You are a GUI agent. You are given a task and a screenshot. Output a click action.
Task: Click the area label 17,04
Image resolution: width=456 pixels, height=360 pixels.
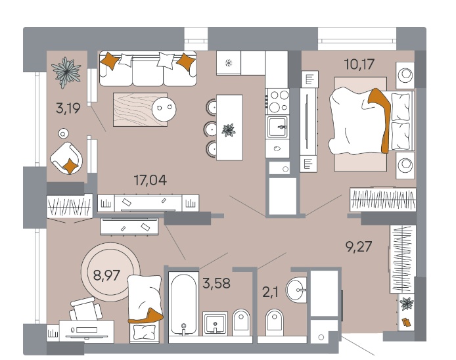point(150,180)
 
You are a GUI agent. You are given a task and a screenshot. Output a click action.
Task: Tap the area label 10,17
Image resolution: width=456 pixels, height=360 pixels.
point(359,64)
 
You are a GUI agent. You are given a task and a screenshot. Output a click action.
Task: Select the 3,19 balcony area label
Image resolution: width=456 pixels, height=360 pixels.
point(68,108)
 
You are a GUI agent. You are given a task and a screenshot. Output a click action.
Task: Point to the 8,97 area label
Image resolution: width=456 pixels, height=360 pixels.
point(106,275)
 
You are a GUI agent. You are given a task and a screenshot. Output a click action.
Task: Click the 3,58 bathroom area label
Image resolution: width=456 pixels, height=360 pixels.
point(216,283)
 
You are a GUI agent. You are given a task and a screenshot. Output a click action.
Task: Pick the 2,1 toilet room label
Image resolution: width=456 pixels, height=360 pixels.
point(270,292)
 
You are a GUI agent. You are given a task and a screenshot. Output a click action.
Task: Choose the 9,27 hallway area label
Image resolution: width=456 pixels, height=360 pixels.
point(358,246)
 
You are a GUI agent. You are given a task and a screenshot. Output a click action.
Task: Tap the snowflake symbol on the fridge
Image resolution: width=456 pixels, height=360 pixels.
point(229,63)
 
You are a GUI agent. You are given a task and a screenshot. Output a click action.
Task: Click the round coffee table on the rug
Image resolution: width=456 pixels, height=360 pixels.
point(164,109)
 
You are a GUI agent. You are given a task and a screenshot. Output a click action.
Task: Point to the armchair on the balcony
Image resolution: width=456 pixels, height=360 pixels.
point(66,158)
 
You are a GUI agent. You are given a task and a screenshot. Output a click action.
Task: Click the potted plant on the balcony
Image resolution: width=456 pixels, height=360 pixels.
point(66,72)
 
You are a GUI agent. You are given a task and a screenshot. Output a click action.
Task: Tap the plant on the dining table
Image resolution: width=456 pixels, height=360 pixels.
point(229,130)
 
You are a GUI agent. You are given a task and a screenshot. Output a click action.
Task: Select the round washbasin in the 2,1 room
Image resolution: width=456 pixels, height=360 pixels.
point(296,290)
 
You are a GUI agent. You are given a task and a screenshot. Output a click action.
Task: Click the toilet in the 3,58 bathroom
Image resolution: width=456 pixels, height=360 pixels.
point(241,322)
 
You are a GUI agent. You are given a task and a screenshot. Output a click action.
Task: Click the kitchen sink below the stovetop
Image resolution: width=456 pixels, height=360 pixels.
point(278,127)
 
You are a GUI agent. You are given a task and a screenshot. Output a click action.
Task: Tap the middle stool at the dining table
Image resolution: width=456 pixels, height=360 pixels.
point(210,129)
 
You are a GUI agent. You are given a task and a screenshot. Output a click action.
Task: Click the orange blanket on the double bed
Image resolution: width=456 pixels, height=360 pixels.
point(381,119)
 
